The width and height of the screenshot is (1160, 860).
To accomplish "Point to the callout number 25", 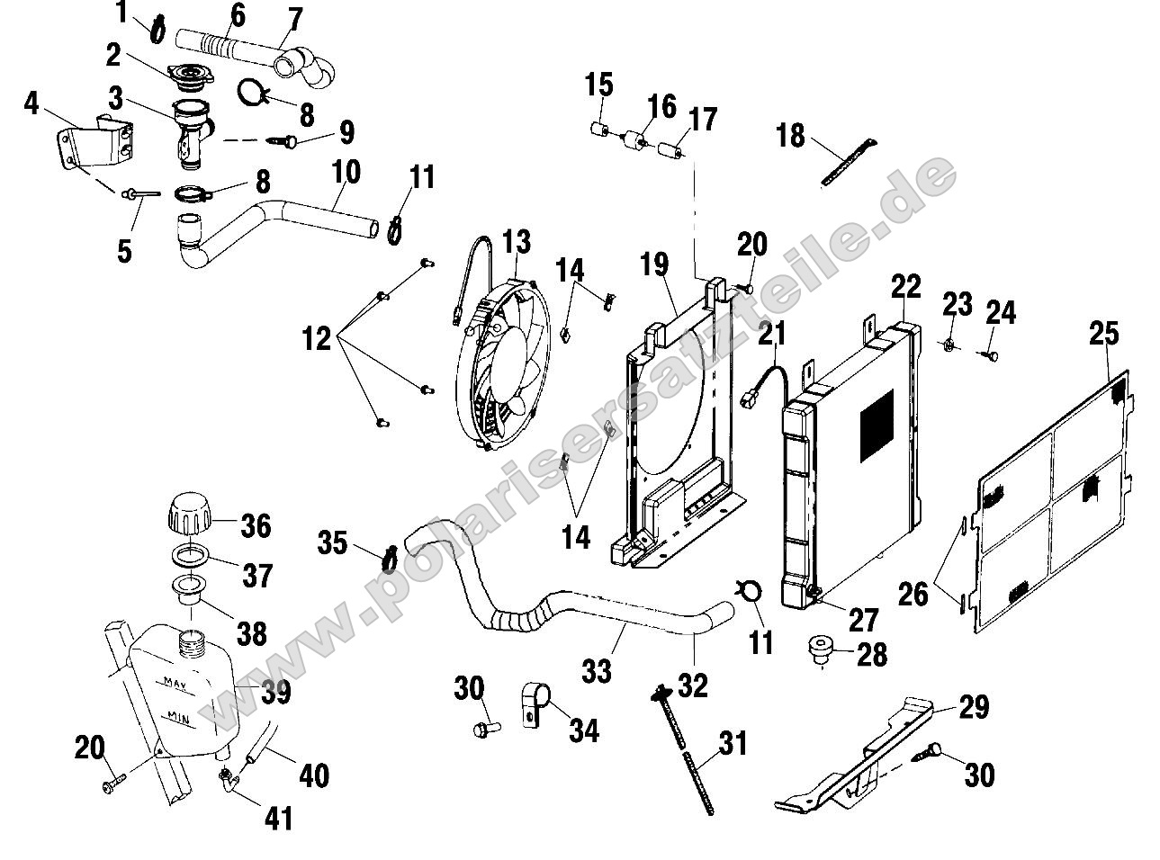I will (1103, 334).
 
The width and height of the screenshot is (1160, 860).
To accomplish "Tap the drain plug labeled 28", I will (821, 650).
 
